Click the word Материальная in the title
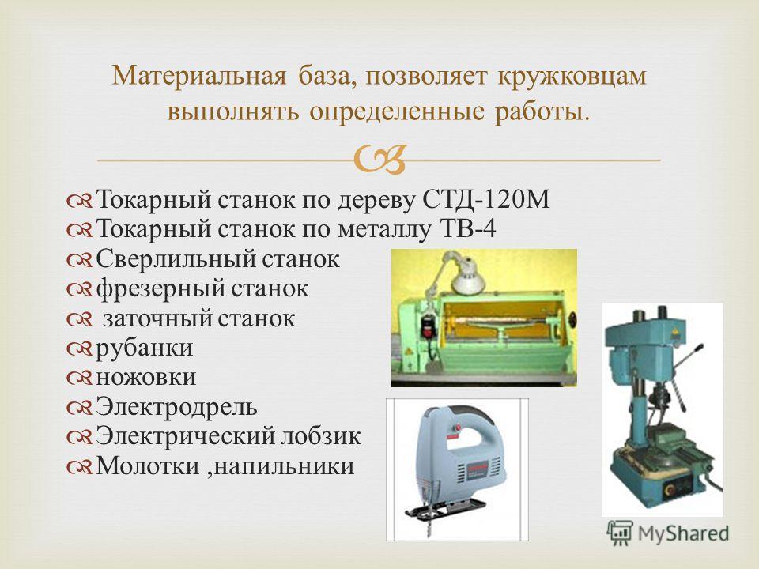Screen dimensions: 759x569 [199, 76]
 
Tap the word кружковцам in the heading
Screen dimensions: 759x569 [572, 77]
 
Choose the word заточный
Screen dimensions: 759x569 [157, 318]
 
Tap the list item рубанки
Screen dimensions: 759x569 [144, 349]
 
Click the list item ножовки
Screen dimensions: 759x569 [145, 378]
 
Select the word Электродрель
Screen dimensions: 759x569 [176, 406]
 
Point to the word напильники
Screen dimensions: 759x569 [284, 466]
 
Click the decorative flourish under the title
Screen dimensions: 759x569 [379, 160]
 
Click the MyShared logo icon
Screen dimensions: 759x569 [620, 533]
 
